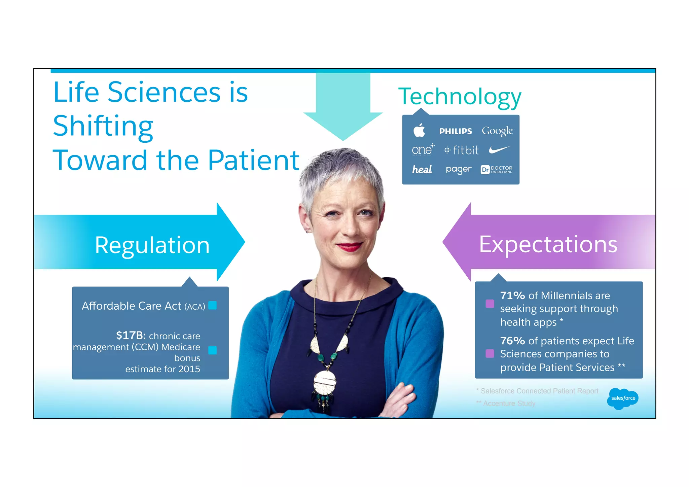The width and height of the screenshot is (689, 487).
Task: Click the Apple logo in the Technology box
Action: [x=419, y=130]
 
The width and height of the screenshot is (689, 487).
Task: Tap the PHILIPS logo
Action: [x=456, y=131]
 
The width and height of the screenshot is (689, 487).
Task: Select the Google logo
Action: [x=497, y=131]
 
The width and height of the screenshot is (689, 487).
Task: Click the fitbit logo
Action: [x=461, y=150]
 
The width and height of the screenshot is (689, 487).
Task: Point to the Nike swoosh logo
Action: [x=499, y=149]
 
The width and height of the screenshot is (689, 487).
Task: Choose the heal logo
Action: [x=422, y=169]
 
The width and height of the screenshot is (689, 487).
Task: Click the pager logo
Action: [x=459, y=169]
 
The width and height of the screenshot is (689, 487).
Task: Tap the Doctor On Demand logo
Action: [x=497, y=169]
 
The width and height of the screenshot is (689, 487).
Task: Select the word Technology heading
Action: [x=460, y=97]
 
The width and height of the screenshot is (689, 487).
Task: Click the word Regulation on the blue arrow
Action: [x=152, y=245]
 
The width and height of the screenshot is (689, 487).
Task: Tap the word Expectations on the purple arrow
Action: [x=548, y=244]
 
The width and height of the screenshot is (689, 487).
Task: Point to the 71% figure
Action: [x=512, y=295]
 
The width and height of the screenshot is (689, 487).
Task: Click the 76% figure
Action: [x=512, y=341]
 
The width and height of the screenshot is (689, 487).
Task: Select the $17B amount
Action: [x=131, y=335]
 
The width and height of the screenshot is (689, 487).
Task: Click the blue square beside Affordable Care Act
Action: [x=213, y=305]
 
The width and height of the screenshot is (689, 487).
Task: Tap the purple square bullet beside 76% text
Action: [x=490, y=353]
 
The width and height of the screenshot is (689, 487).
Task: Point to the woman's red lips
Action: [x=350, y=247]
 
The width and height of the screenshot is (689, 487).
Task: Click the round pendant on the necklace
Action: [x=325, y=382]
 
